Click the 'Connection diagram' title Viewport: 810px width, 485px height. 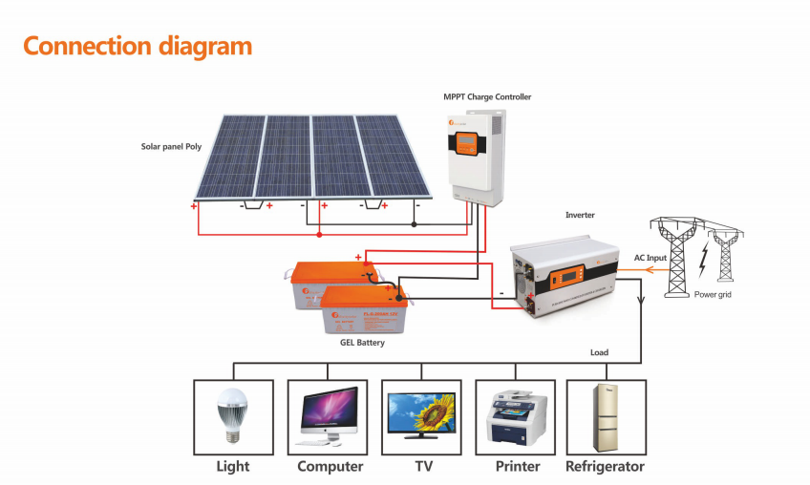coord(138,46)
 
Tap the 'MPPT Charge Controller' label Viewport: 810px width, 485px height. coord(487,97)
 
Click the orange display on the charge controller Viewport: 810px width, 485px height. coord(465,145)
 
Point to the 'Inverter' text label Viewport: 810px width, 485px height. coord(580,216)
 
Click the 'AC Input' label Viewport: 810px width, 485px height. coord(650,258)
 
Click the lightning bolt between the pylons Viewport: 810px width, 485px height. coord(703,258)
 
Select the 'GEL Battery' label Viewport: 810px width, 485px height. coord(362,342)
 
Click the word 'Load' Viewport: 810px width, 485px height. coord(599,352)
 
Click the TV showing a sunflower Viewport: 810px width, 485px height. coord(422,415)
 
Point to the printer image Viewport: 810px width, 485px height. coord(517,417)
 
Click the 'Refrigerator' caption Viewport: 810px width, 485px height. coord(605,467)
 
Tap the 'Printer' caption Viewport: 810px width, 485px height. coord(518,467)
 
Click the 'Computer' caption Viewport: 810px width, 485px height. coord(330,467)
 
